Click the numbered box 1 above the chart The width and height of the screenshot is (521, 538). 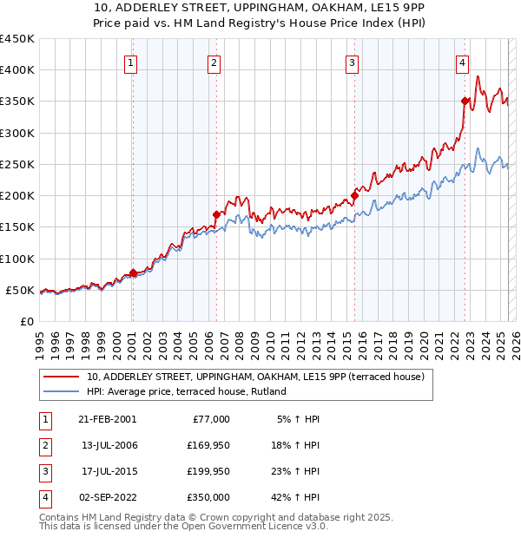(x=130, y=62)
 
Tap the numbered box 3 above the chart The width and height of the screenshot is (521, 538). (x=352, y=62)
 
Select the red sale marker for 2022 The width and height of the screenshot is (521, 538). (x=465, y=101)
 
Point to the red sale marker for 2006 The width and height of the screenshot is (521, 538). (x=216, y=213)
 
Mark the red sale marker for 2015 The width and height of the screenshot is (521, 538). (x=354, y=195)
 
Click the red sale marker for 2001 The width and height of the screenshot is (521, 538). (x=133, y=272)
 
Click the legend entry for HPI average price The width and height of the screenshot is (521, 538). (x=188, y=391)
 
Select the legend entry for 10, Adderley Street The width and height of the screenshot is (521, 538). (x=255, y=377)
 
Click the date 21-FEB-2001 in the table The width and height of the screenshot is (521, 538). (x=107, y=419)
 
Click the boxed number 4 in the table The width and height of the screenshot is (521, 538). (x=43, y=497)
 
